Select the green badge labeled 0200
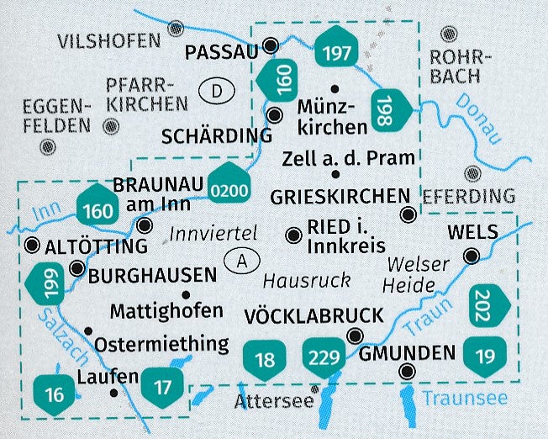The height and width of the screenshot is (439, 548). pos(230,190)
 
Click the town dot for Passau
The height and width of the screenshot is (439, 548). pos(271,45)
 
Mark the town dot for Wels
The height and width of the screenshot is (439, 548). pos(473,257)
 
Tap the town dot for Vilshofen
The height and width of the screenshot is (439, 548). pos(176,28)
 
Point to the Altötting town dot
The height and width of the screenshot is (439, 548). pos(32,246)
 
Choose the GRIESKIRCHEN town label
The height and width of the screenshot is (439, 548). pos(339,196)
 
